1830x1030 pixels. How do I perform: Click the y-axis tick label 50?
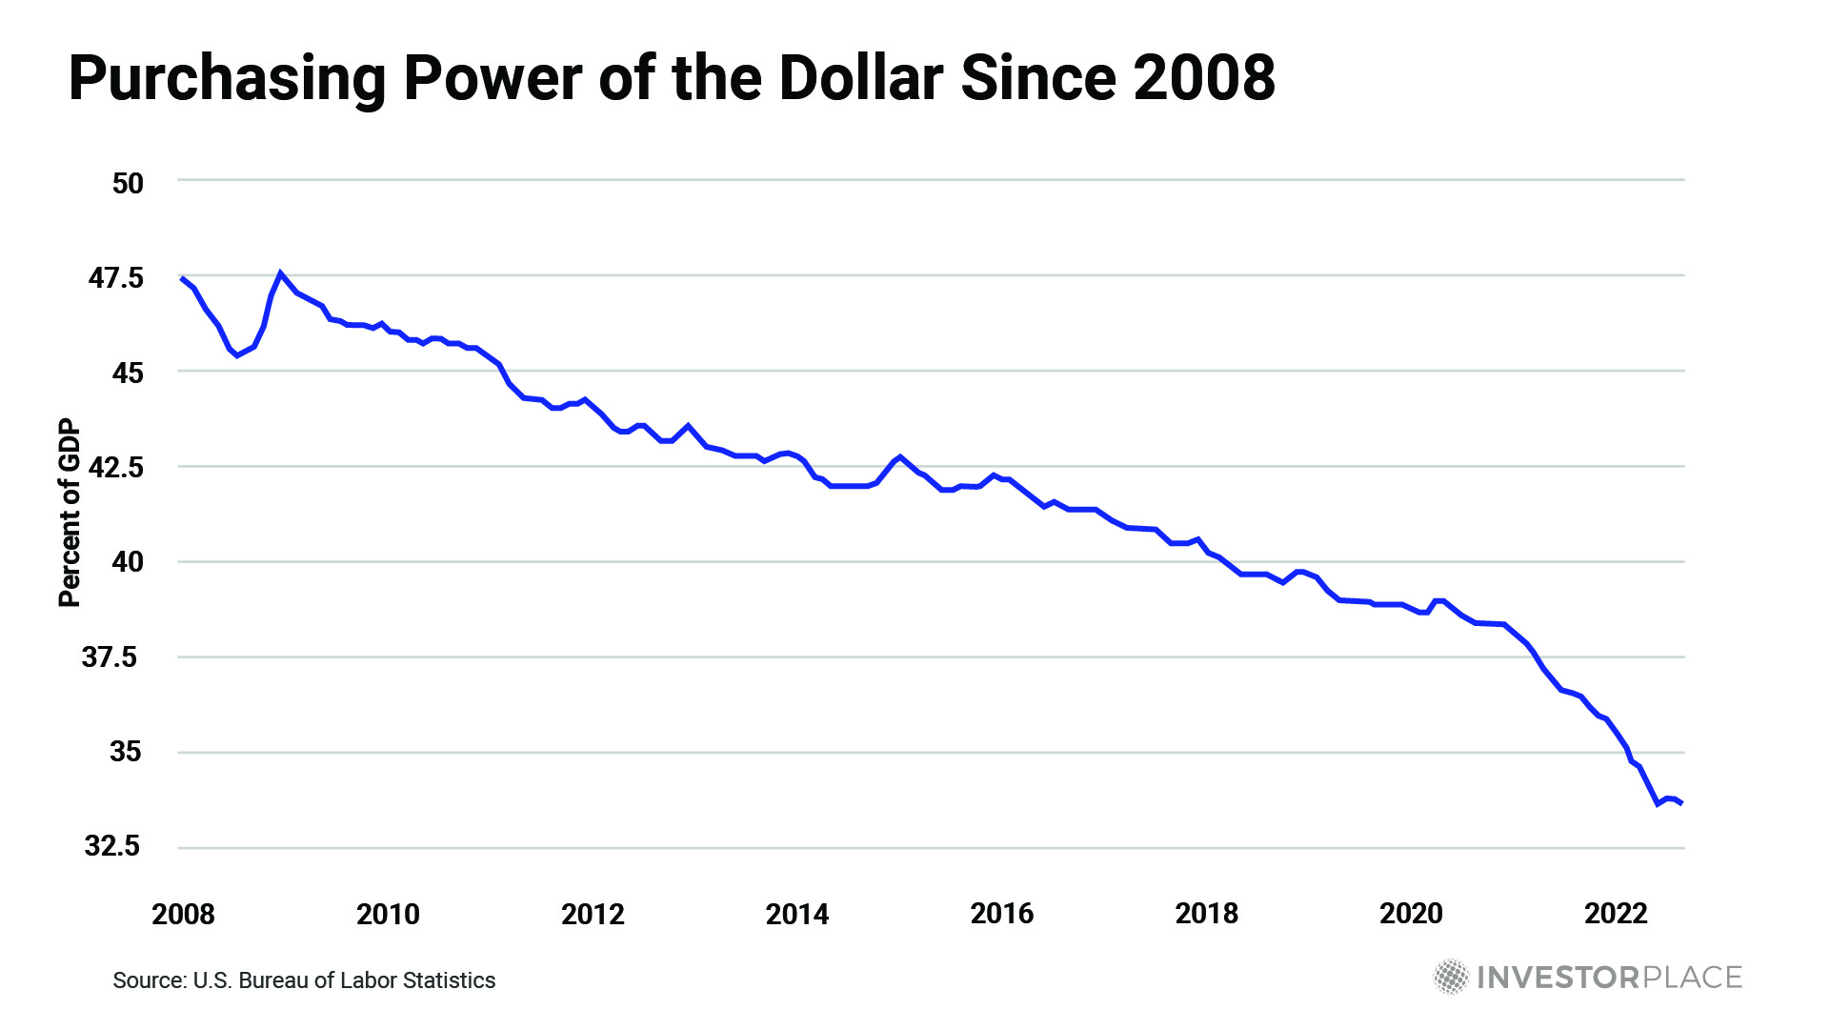click(128, 183)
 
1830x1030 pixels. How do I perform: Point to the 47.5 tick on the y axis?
click(115, 278)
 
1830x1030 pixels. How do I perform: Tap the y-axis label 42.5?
click(115, 467)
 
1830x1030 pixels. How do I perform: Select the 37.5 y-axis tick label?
click(110, 657)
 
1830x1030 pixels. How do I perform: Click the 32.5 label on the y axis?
click(112, 846)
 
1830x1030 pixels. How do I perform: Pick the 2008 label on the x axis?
click(183, 915)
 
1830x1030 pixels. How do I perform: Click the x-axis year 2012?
click(593, 915)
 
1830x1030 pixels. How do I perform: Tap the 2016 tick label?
click(1001, 914)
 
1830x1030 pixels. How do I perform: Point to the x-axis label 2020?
click(1411, 914)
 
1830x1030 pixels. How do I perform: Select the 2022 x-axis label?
click(1616, 914)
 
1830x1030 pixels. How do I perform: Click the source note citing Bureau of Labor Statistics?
click(304, 980)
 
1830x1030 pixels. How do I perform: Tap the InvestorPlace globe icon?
click(1451, 977)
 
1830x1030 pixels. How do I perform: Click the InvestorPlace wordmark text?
click(1610, 978)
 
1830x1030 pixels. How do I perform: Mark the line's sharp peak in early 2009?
click(280, 273)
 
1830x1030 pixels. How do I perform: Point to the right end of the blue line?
click(1681, 803)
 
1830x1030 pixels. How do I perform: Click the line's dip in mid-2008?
click(237, 355)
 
